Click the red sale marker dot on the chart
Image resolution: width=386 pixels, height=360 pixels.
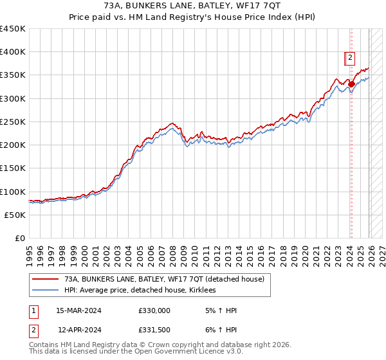pyautogui.click(x=351, y=84)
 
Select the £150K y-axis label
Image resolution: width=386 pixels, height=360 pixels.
pyautogui.click(x=13, y=168)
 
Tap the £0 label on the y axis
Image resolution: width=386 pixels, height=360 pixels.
pyautogui.click(x=21, y=238)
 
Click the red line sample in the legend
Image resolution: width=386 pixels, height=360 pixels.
pyautogui.click(x=45, y=280)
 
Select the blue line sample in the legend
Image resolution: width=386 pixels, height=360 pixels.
pyautogui.click(x=45, y=291)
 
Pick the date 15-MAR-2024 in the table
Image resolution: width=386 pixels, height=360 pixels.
pyautogui.click(x=78, y=310)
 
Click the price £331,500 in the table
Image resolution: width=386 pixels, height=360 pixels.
pyautogui.click(x=154, y=330)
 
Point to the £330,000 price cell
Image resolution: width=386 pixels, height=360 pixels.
pyautogui.click(x=154, y=310)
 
